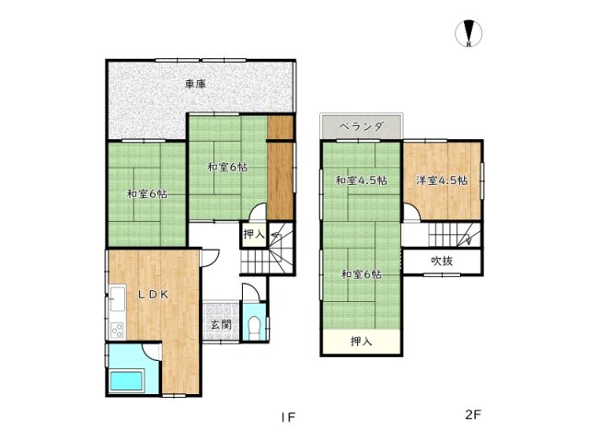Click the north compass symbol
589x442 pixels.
point(468,33)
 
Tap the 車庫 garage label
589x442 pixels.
point(195,84)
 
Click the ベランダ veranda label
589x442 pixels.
point(362,126)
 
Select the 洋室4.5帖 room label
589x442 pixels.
point(442,180)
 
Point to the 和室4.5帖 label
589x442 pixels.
point(361,180)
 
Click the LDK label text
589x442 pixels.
point(153,295)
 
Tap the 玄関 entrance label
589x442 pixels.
point(221,324)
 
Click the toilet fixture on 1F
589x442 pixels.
point(254,328)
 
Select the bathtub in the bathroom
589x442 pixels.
point(127,380)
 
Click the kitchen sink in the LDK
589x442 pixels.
point(117,298)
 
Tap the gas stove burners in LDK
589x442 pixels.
point(117,331)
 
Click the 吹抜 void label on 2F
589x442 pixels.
point(442,261)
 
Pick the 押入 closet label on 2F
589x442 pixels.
point(361,342)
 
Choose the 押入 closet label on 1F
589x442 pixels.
point(254,235)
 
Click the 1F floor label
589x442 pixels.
point(288,417)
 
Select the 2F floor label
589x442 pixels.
point(473,415)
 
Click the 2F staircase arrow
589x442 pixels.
point(468,236)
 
